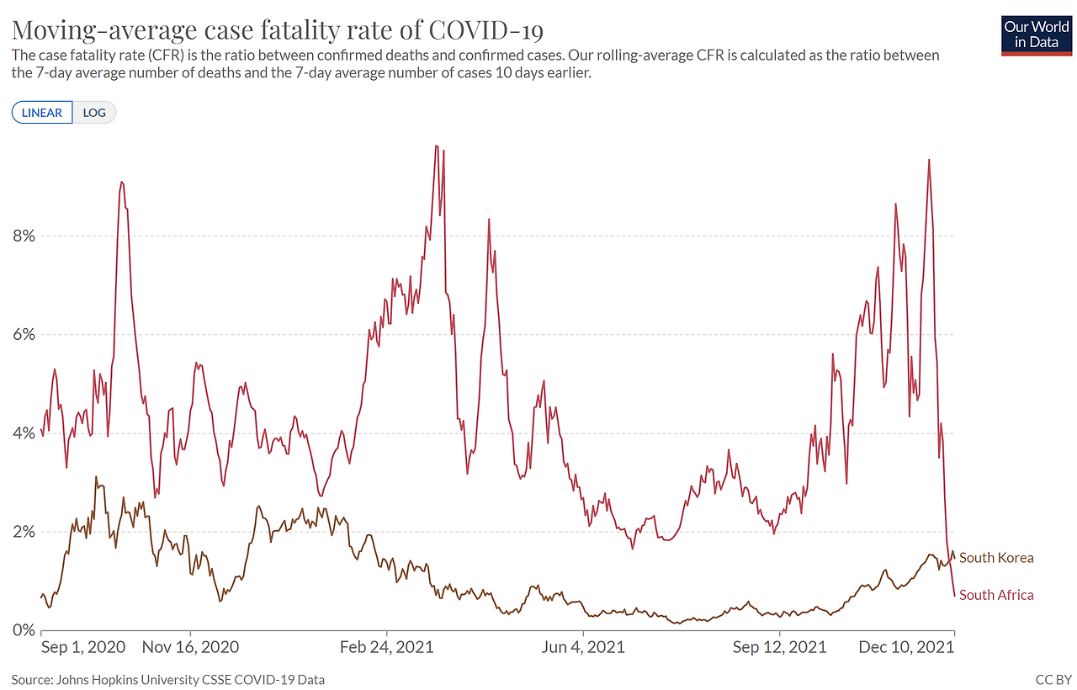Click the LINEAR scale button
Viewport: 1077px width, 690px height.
point(42,113)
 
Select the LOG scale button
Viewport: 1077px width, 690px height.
point(94,113)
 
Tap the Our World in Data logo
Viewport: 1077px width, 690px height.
point(1036,35)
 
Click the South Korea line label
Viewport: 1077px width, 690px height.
point(996,558)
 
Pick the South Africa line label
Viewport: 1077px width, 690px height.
point(996,595)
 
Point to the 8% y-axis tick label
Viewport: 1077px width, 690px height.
point(24,236)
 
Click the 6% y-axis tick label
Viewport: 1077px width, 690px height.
point(24,335)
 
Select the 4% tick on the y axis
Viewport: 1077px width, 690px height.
point(24,433)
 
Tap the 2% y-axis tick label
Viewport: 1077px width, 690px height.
point(24,532)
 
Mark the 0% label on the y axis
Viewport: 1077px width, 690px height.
point(24,630)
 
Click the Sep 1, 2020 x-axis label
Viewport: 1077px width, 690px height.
point(83,647)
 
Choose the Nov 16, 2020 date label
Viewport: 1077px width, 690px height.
point(190,647)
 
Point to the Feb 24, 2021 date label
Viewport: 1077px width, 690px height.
point(386,647)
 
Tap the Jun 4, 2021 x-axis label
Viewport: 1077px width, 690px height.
point(583,647)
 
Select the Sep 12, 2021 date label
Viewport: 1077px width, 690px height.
point(779,647)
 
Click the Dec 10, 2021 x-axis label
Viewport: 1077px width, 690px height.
point(906,647)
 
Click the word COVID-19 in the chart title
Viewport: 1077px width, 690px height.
point(485,29)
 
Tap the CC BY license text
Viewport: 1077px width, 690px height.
point(1053,680)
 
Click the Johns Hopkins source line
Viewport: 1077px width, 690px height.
point(167,680)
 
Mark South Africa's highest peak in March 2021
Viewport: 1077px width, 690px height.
point(436,146)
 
